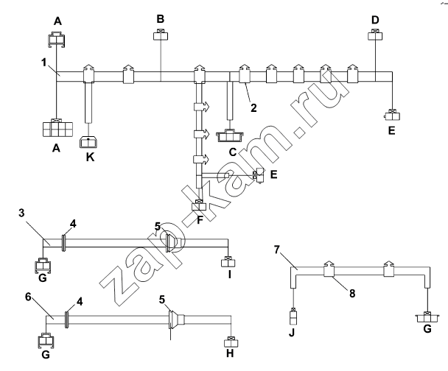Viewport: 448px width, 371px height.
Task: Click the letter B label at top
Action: pos(161,19)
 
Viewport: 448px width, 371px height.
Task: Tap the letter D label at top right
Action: pos(375,20)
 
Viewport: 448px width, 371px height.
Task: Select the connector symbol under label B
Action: pos(161,35)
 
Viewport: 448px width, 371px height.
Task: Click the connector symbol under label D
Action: pos(375,35)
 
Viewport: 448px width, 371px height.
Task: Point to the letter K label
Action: pos(91,157)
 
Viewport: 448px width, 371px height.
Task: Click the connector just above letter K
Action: pos(88,142)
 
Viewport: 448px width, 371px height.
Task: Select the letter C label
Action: pos(233,152)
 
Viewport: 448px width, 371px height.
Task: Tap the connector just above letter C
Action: pos(230,135)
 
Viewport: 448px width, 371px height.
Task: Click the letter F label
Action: pos(200,220)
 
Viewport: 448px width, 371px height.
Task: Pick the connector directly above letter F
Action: pos(198,205)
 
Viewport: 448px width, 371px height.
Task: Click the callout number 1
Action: pos(43,63)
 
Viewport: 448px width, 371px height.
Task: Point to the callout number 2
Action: pos(253,108)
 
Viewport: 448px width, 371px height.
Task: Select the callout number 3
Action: pos(21,213)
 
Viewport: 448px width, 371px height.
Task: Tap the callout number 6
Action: pos(28,297)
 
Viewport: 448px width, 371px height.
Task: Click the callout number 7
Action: pos(276,250)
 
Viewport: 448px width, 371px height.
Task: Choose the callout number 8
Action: pos(352,293)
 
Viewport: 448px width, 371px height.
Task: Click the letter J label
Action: pos(292,333)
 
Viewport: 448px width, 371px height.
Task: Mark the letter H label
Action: pos(230,353)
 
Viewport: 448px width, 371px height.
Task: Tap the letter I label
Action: pos(229,275)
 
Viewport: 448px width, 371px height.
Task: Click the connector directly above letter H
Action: pos(231,342)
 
